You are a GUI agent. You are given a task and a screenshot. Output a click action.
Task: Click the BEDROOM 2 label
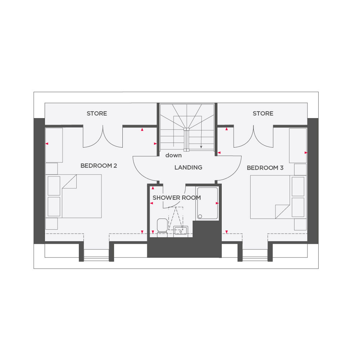coord(99,166)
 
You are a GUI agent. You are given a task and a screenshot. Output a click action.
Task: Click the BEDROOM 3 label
coord(265,168)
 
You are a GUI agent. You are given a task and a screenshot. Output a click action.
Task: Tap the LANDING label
coord(188,167)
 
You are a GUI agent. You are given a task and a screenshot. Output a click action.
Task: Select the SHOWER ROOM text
coord(176,198)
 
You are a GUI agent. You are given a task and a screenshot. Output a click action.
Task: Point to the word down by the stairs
coord(174,156)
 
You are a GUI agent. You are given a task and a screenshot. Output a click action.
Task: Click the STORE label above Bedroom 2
coord(96,113)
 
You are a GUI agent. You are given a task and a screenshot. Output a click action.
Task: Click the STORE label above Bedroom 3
coord(263,113)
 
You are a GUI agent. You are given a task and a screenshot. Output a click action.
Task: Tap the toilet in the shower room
coord(162,228)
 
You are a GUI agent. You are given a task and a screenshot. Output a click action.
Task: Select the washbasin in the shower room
coord(181,230)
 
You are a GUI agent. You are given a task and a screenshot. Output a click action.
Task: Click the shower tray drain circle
coord(200,216)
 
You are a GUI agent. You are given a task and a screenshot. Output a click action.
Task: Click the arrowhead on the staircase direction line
coord(201,147)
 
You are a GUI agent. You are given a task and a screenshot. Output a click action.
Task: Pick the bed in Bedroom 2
coord(74,196)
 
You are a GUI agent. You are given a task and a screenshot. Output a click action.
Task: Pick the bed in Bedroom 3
coord(278,197)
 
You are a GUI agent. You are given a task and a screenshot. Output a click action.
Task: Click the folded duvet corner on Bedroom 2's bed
coord(69,181)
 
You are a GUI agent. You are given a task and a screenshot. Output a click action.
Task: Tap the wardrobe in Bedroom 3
coord(298,145)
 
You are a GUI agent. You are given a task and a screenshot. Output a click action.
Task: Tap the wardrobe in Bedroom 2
coord(54,145)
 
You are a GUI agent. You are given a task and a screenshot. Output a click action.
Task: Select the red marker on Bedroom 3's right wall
coord(306,153)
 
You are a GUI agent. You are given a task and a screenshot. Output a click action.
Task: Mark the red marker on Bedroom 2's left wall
coord(47,144)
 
